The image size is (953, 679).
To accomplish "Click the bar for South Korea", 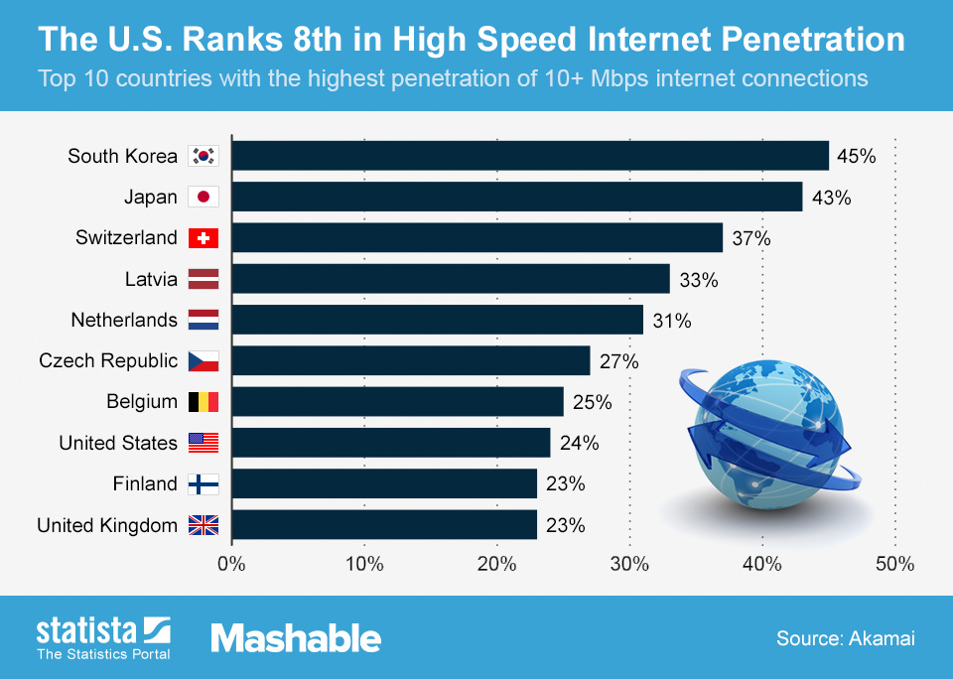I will pos(530,156).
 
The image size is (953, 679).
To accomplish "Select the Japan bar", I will pos(517,197).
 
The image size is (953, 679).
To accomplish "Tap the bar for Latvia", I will pos(451,279).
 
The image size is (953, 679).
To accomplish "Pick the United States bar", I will pos(391,443).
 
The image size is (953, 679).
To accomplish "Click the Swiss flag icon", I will pos(203,238).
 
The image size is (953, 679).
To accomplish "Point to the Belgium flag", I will pos(203,402).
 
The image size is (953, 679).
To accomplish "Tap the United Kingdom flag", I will pos(203,525).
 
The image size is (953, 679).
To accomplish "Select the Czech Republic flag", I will pos(203,361).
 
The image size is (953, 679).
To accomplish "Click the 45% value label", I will pos(856,156).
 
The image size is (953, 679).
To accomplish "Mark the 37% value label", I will pos(749,238).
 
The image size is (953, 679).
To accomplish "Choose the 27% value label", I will pos(618,361).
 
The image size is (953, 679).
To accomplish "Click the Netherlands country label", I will pos(124,320).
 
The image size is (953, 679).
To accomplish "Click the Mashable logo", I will pos(296,637).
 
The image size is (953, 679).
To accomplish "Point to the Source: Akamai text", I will pos(845,638).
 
